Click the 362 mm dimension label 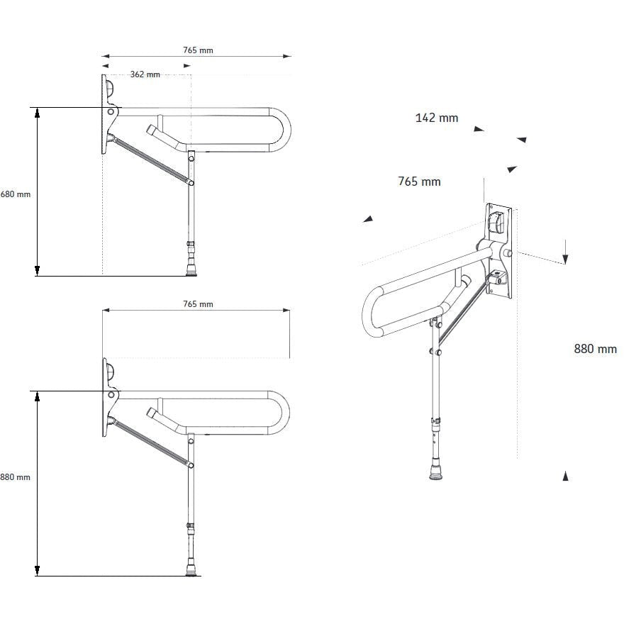145,74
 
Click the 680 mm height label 16,194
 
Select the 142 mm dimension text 436,118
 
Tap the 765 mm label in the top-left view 198,50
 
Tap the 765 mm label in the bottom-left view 198,304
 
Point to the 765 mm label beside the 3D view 419,182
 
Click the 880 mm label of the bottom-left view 16,477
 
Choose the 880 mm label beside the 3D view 595,348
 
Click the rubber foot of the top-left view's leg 190,269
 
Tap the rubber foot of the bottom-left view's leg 190,569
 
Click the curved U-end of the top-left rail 282,130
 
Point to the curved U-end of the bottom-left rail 282,412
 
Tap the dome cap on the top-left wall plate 110,89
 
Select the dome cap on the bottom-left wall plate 110,371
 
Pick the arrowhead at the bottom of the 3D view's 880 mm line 565,476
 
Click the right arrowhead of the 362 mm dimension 187,66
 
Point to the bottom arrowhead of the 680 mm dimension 38,270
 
